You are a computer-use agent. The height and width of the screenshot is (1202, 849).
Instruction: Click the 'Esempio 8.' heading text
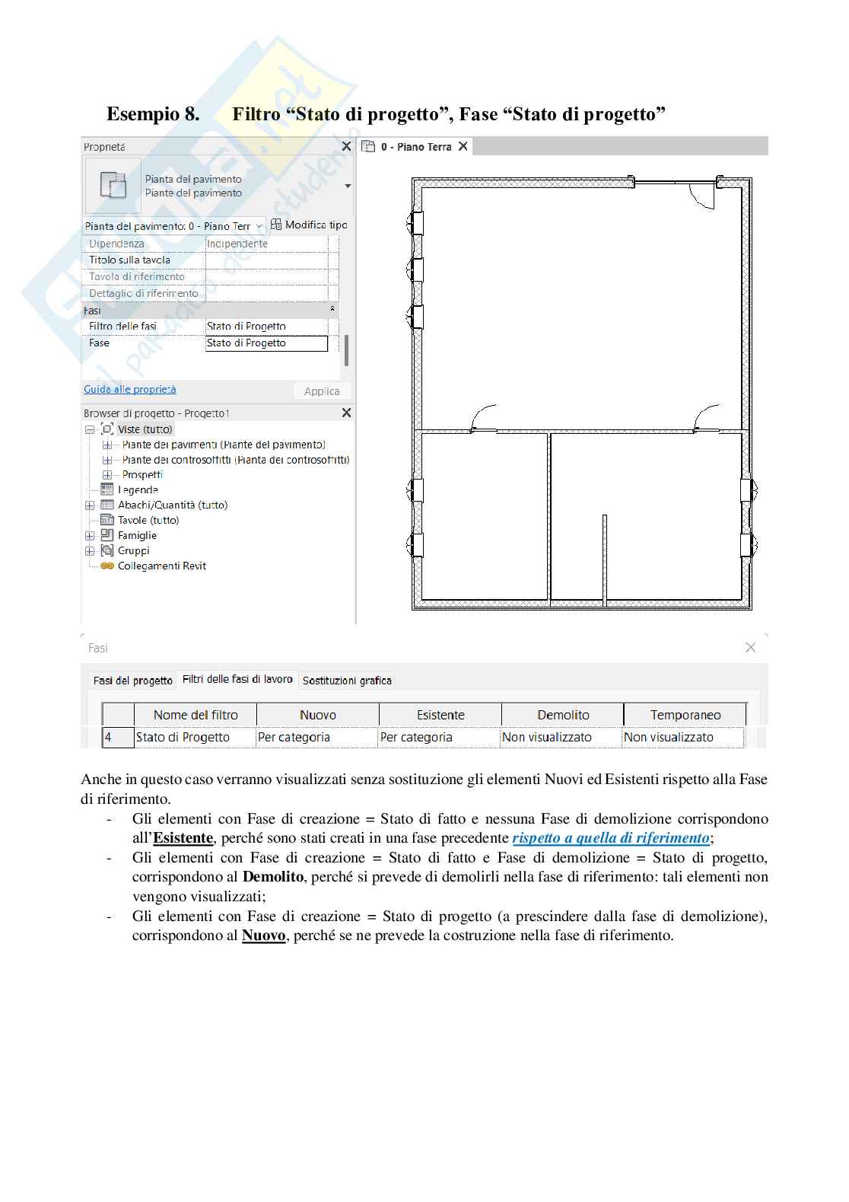[153, 114]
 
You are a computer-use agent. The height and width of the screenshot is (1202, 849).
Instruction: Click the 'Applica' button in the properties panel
[322, 391]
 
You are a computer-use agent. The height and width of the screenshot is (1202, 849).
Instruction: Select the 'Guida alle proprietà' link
[129, 389]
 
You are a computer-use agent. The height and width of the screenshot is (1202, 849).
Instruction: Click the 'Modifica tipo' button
[310, 225]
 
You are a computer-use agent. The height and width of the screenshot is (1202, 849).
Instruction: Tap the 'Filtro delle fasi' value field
[266, 326]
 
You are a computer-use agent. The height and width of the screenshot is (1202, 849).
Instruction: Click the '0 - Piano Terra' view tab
[415, 146]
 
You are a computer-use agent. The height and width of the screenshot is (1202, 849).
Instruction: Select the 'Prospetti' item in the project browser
[142, 474]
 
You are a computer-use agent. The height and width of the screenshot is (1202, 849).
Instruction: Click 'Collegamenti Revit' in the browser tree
[161, 566]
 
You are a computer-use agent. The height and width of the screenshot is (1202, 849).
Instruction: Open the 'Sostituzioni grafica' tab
[347, 681]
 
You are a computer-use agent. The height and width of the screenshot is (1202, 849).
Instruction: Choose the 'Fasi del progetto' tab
[132, 681]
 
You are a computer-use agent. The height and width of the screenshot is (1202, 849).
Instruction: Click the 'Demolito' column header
[563, 715]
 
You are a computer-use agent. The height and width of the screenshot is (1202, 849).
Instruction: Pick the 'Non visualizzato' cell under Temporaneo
[669, 737]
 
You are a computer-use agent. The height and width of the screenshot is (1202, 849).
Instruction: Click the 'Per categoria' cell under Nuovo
[294, 737]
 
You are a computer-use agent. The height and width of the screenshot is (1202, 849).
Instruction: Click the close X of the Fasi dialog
[750, 647]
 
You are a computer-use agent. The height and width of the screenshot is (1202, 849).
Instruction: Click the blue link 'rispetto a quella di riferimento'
[610, 838]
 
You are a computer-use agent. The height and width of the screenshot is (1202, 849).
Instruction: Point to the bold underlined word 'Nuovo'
[263, 936]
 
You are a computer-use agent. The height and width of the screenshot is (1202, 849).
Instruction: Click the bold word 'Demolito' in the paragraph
[272, 877]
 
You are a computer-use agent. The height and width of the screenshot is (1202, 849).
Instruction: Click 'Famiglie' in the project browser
[137, 535]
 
